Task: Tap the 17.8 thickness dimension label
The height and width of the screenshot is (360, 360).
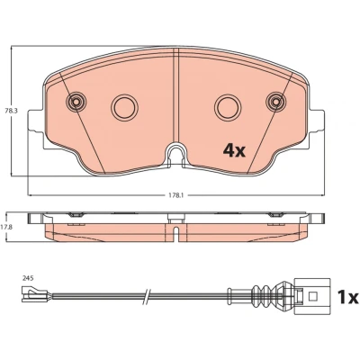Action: [7, 228]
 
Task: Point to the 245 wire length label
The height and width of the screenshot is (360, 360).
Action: [27, 278]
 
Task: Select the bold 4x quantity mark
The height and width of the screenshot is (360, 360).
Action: [234, 150]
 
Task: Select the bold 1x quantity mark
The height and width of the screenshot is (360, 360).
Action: [348, 297]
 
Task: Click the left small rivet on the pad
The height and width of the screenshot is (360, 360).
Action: [76, 102]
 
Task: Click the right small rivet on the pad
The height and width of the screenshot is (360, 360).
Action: [276, 102]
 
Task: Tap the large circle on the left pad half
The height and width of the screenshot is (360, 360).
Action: [124, 107]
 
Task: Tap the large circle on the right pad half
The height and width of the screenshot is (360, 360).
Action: [228, 107]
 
